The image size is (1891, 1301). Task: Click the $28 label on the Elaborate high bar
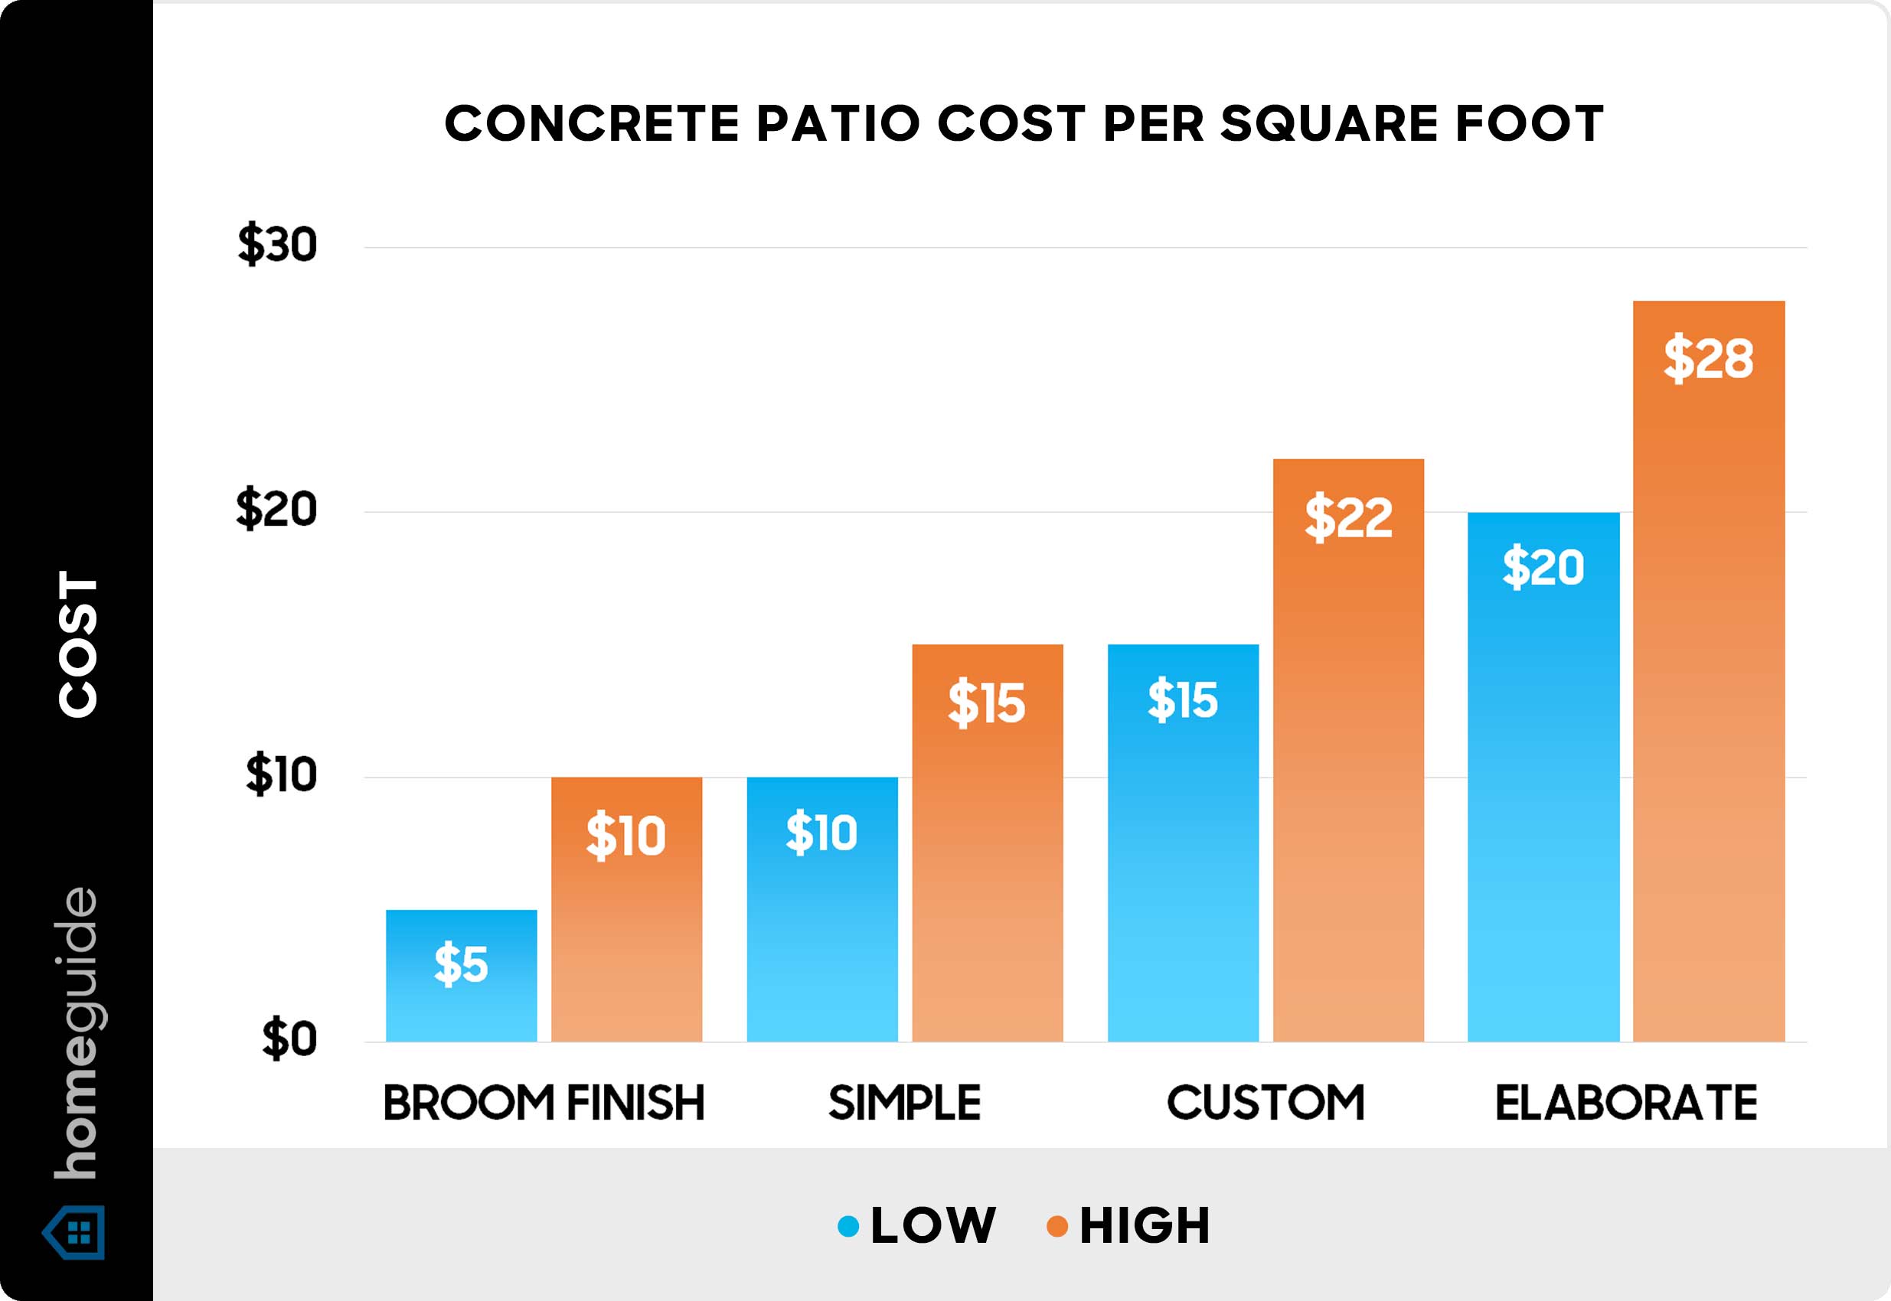pyautogui.click(x=1707, y=358)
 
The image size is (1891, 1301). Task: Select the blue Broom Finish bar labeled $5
pyautogui.click(x=462, y=975)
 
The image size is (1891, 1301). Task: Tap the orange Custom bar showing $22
pyautogui.click(x=1348, y=750)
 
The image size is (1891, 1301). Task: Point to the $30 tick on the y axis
pyautogui.click(x=277, y=245)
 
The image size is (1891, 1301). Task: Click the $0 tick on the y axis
pyautogui.click(x=289, y=1040)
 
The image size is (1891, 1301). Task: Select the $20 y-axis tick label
pyautogui.click(x=276, y=510)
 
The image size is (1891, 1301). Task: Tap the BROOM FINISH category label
pyautogui.click(x=544, y=1103)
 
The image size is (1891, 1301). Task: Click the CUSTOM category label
pyautogui.click(x=1266, y=1103)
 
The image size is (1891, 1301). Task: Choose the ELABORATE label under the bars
pyautogui.click(x=1625, y=1103)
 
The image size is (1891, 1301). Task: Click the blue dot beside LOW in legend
pyautogui.click(x=848, y=1226)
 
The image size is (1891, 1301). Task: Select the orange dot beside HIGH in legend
pyautogui.click(x=1057, y=1226)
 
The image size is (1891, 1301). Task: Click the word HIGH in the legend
pyautogui.click(x=1145, y=1226)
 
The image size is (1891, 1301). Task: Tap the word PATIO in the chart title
pyautogui.click(x=840, y=124)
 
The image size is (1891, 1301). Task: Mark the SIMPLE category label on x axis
pyautogui.click(x=904, y=1103)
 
